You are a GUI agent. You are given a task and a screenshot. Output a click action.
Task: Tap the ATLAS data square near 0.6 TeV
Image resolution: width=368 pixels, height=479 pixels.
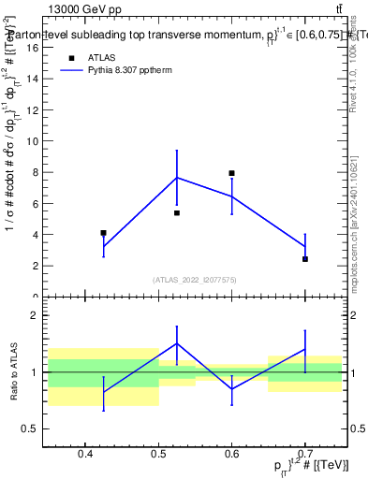coord(231,173)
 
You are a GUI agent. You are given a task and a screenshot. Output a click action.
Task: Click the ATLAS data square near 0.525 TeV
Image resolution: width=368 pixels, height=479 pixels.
coord(176,213)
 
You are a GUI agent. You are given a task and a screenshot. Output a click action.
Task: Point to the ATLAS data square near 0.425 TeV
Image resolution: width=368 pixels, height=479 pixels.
coord(103,233)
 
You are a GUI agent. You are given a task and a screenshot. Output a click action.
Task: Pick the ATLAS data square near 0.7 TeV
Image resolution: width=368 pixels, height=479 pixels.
coord(305,259)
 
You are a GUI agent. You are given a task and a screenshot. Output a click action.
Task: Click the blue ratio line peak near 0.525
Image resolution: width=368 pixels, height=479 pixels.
coord(176,342)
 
